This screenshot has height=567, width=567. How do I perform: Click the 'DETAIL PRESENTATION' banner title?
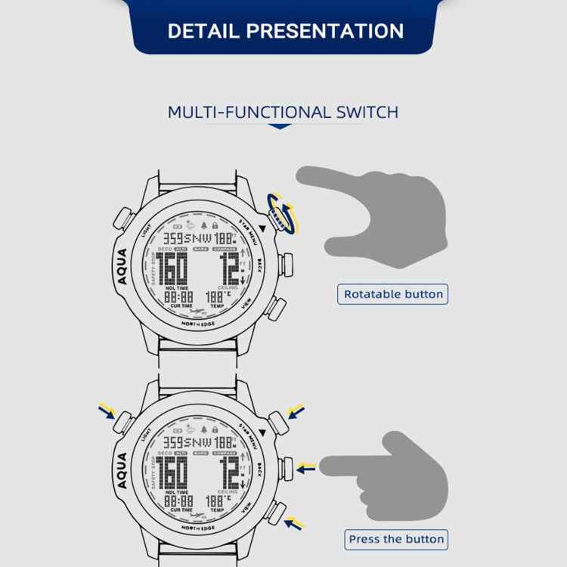pos(285,32)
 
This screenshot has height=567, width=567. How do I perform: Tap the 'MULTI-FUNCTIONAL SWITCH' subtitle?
pos(283,113)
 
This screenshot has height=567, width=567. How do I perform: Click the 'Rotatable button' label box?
pos(393,294)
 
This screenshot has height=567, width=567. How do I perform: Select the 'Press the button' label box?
pos(396,539)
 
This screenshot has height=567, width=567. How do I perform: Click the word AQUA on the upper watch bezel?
pos(122,265)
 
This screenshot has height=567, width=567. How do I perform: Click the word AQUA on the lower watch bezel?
pos(122,470)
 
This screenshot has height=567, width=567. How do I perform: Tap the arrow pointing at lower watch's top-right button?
pos(296,411)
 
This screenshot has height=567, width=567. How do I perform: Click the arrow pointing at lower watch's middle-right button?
pos(305,469)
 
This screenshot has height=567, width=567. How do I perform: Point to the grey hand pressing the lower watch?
pos(393,472)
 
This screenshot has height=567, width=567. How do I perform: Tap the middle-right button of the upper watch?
pos(286,265)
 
